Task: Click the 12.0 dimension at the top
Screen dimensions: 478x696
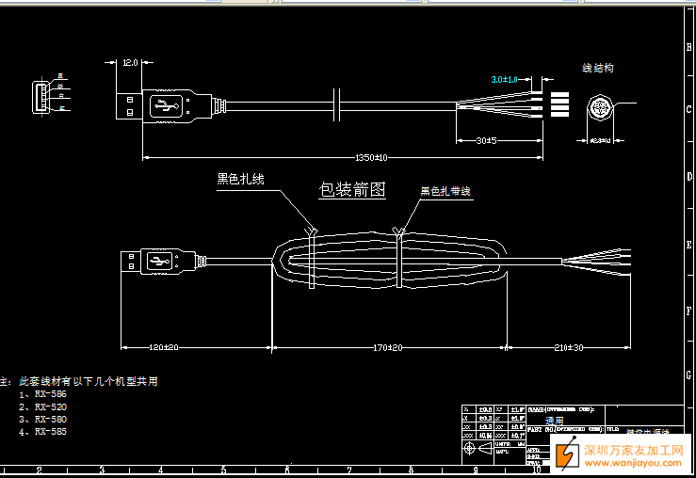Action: pos(130,63)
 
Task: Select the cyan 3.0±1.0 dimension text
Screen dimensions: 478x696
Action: pos(504,80)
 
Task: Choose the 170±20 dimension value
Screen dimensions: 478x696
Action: pos(387,347)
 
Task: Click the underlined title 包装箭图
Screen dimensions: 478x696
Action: pos(352,189)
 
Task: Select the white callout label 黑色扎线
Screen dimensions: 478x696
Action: pos(241,179)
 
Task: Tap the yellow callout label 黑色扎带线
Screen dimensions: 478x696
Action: pos(445,191)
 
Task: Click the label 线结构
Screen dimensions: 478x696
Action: pos(598,68)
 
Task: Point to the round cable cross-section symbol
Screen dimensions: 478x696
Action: pos(599,107)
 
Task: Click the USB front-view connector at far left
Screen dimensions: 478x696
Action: pos(40,97)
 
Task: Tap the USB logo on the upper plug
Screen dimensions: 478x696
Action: pos(167,105)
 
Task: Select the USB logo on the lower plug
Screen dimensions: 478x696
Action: pos(157,262)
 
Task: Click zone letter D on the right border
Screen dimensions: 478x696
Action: pos(688,177)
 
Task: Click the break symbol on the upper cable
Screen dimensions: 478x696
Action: pos(336,105)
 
